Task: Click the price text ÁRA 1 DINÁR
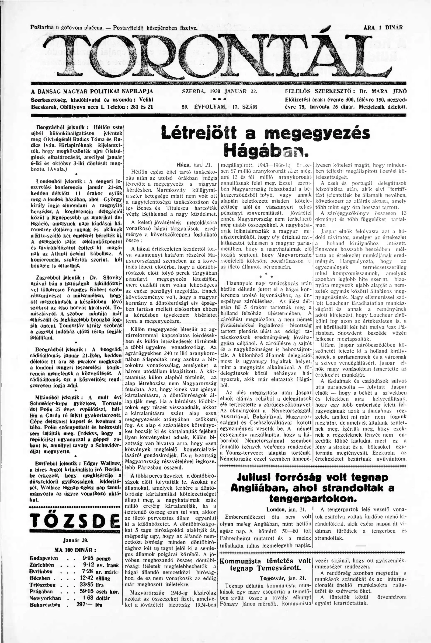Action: [x=383, y=27]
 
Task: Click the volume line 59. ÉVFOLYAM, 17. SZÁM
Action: [x=219, y=107]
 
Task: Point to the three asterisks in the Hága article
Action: [x=266, y=276]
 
